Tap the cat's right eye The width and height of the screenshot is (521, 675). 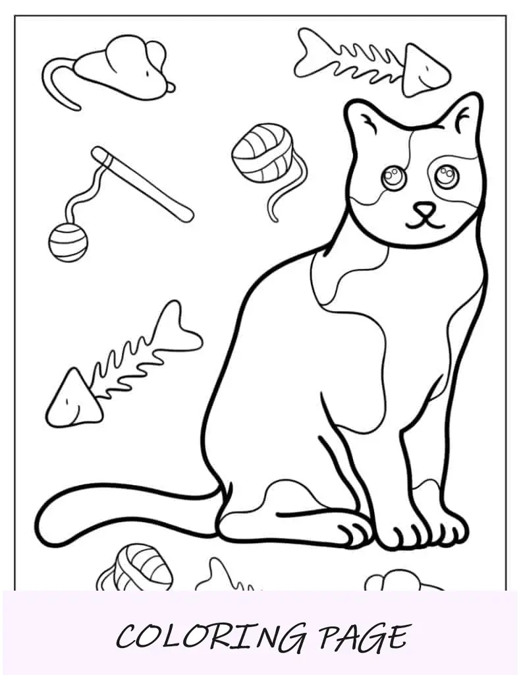pyautogui.click(x=447, y=175)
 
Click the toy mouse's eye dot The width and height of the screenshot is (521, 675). pyautogui.click(x=148, y=74)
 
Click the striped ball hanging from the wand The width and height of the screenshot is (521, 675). pyautogui.click(x=68, y=243)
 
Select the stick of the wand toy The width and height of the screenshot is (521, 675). pyautogui.click(x=142, y=185)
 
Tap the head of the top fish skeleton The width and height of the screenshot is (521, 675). pyautogui.click(x=424, y=71)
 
